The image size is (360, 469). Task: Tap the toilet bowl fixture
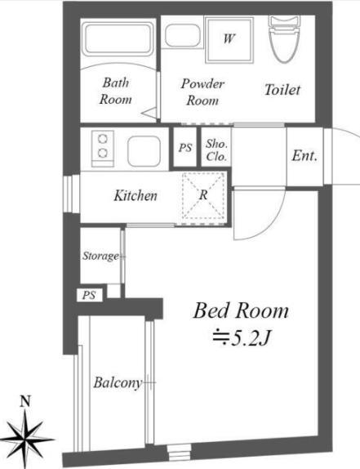pos(284,39)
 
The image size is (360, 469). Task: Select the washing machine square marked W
pos(229,40)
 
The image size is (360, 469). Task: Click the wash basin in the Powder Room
pos(182,35)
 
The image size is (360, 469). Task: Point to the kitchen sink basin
pos(144,150)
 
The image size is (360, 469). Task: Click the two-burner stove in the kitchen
pos(103,149)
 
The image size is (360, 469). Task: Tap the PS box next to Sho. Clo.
pos(185,147)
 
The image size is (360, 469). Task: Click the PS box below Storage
pos(89,295)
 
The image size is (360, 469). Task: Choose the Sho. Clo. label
pos(216,150)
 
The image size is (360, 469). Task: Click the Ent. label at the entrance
pos(304,155)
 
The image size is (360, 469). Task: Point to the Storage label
pos(100,256)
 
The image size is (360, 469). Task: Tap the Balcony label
pos(118,382)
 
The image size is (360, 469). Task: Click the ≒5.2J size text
pos(241,338)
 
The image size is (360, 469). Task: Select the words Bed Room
pos(241,310)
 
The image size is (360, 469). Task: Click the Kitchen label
pos(136,195)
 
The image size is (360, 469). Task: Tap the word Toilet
pos(282,89)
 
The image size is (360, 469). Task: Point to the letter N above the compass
pos(25,401)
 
